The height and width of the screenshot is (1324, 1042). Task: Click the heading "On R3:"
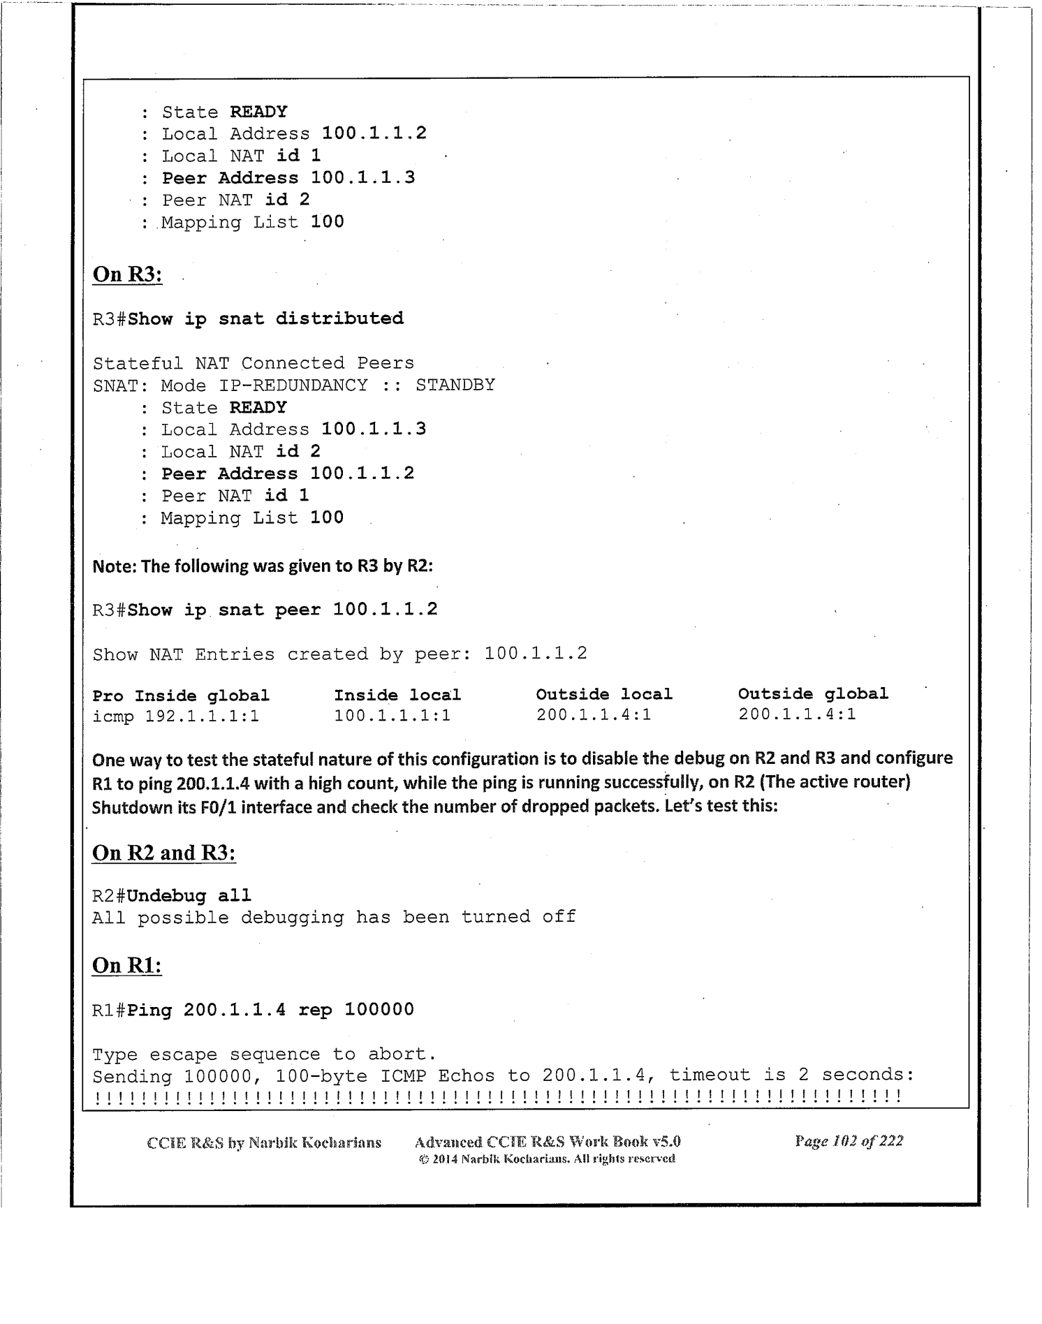click(x=127, y=274)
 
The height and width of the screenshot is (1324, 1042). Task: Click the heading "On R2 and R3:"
click(x=163, y=853)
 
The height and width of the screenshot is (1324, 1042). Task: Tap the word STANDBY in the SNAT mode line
click(x=455, y=385)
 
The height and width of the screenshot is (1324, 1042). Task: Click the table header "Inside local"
click(x=397, y=696)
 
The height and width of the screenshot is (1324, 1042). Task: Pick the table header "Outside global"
click(x=813, y=694)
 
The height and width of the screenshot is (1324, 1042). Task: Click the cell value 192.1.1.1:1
click(x=202, y=716)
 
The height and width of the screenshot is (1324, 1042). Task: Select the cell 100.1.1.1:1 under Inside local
click(x=392, y=716)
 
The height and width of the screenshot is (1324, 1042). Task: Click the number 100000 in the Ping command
click(x=379, y=1010)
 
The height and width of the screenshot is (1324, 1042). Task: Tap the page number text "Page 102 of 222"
click(x=849, y=1141)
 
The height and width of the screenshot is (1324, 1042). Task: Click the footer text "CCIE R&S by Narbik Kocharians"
click(x=264, y=1143)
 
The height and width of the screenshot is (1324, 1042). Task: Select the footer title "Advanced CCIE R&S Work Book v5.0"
click(x=548, y=1142)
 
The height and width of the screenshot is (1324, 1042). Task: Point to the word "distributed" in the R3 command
click(x=339, y=319)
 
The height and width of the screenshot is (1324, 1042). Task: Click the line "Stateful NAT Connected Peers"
click(x=253, y=364)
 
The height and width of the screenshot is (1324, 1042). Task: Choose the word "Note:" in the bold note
click(x=115, y=566)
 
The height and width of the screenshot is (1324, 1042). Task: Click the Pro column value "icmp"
click(x=113, y=716)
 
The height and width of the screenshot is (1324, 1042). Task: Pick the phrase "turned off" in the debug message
click(x=518, y=917)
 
